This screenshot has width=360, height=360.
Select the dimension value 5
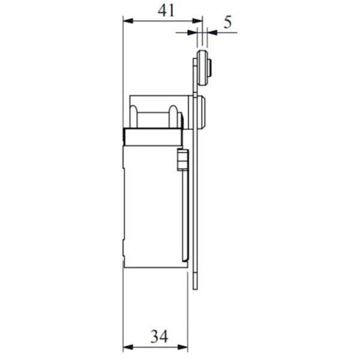coord(227,23)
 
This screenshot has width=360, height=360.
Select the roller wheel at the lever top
coord(202,70)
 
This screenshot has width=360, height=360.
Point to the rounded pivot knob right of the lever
coord(204,112)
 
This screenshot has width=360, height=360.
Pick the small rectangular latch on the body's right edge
coord(181,161)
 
